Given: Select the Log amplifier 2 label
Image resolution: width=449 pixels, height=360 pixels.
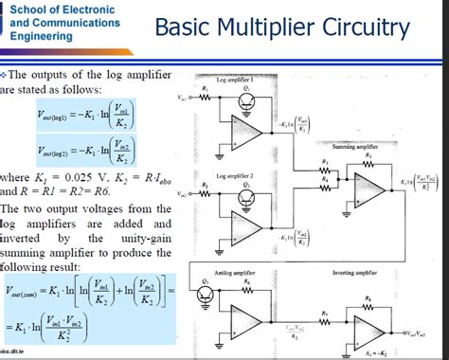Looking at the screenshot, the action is (x=236, y=177).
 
